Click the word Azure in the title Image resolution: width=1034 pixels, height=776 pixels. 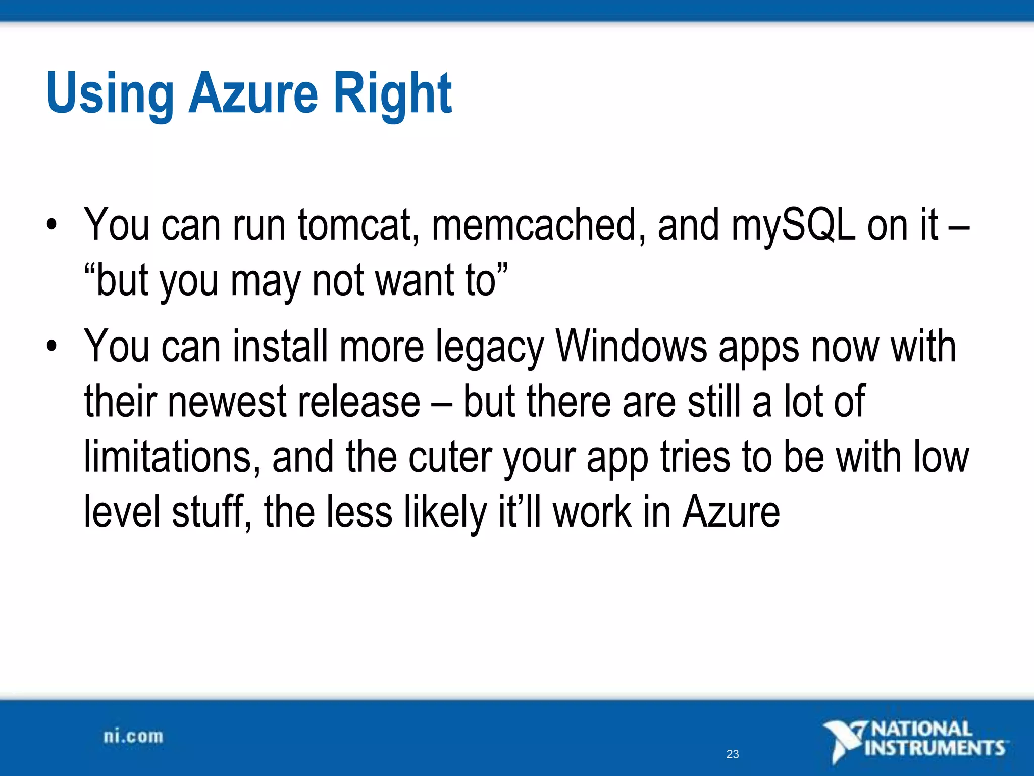[253, 93]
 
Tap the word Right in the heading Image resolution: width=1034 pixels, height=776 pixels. [392, 93]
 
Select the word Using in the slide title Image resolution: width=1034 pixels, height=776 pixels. [110, 93]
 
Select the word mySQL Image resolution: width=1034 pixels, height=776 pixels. [793, 225]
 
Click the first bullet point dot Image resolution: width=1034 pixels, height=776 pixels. [51, 225]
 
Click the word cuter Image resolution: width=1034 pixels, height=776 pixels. [449, 457]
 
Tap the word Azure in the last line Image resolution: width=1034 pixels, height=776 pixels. [732, 512]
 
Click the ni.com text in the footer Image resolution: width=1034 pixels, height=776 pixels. [133, 737]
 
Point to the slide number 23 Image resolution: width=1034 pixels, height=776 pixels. [733, 754]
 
